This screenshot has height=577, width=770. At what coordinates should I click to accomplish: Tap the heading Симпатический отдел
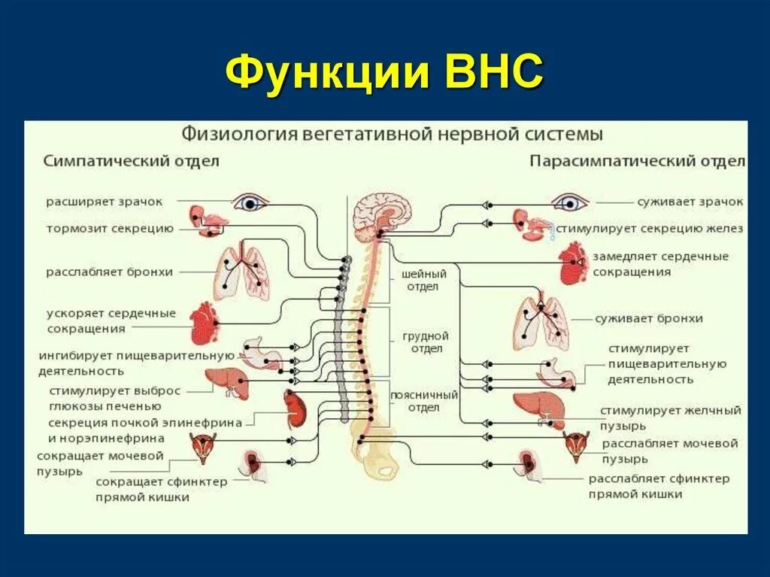pyautogui.click(x=131, y=161)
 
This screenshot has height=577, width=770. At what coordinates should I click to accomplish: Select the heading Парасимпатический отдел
pyautogui.click(x=637, y=161)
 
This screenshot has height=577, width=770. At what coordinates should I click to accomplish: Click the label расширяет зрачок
pyautogui.click(x=104, y=202)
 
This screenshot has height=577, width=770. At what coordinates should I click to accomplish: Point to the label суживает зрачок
pyautogui.click(x=690, y=202)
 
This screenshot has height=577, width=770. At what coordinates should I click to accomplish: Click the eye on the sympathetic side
pyautogui.click(x=250, y=202)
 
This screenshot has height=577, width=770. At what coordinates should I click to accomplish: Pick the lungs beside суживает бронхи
pyautogui.click(x=541, y=317)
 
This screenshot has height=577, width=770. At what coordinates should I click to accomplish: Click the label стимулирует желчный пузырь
pyautogui.click(x=670, y=417)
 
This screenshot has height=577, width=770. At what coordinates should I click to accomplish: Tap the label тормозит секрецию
pyautogui.click(x=109, y=228)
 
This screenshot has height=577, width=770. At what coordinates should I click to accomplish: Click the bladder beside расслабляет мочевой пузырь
pyautogui.click(x=577, y=445)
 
